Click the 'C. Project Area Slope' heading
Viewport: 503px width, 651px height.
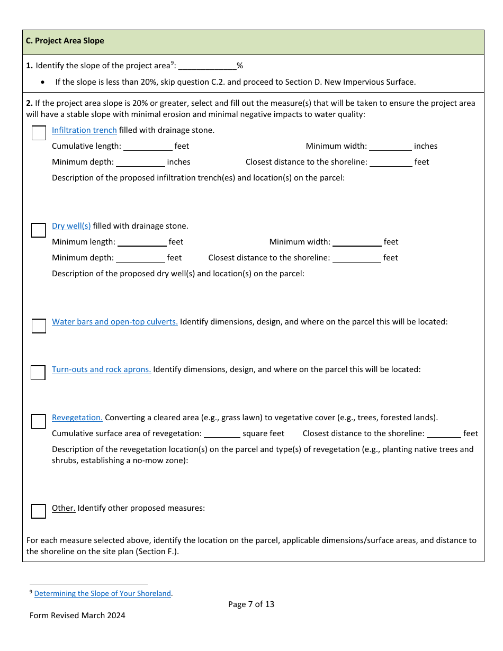pos(65,41)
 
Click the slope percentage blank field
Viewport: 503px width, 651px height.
pos(207,66)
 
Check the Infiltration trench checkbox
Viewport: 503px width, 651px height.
pos(39,133)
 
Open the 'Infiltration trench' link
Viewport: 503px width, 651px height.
pos(84,130)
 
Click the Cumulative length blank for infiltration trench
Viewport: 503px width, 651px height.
pos(148,147)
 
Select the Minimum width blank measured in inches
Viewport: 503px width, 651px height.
pos(390,147)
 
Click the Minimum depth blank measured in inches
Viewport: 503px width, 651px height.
pos(140,162)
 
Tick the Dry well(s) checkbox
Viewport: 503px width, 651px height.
pos(39,230)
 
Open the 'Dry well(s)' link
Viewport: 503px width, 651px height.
pos(71,226)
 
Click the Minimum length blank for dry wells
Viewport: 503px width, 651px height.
pos(142,242)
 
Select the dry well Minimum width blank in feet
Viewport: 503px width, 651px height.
pos(357,242)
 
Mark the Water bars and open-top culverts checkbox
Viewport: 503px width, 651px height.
pos(39,326)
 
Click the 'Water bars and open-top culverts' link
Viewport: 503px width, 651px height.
pos(114,322)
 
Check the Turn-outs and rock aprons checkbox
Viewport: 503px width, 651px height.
pos(38,373)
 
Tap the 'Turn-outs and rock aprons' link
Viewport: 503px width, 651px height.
pos(101,369)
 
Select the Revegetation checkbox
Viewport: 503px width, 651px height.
pos(39,421)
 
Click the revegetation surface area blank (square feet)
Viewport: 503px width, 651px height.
pos(222,434)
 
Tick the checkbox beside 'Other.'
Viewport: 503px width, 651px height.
pos(39,511)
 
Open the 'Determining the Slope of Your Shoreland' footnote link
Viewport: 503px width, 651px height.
pos(103,593)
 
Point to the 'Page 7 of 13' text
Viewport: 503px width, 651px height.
pos(251,604)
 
